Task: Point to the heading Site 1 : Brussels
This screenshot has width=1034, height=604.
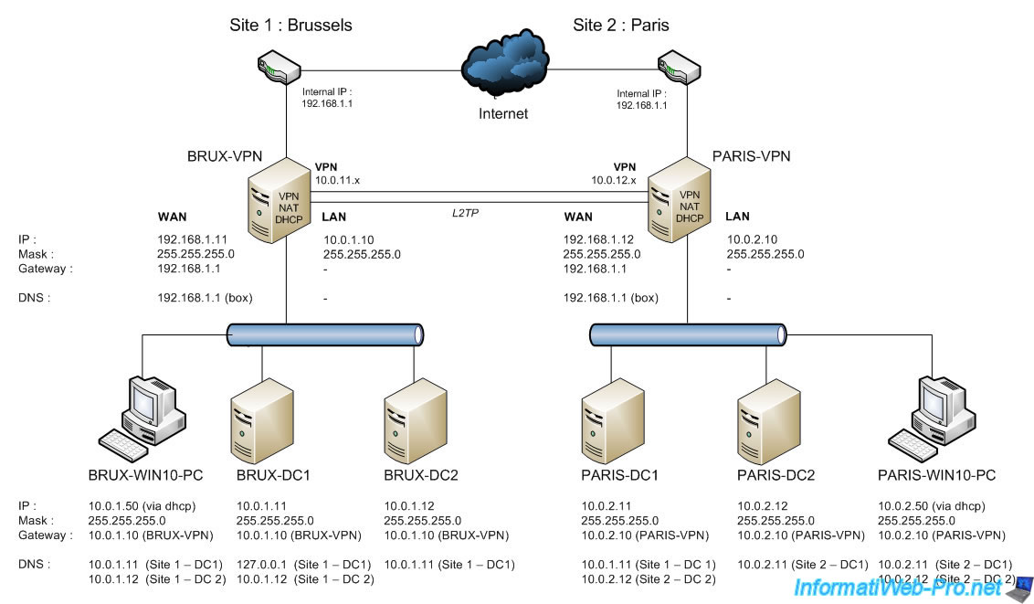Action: [290, 25]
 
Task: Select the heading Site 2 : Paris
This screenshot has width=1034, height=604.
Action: [621, 25]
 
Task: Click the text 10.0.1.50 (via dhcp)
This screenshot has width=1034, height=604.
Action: [142, 505]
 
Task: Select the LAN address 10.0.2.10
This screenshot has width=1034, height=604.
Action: [751, 239]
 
